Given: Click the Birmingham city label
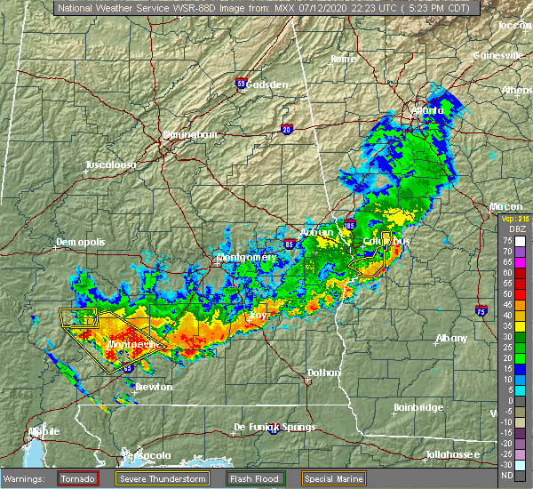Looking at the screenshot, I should click(189, 134).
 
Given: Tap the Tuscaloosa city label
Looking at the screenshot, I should click(110, 165).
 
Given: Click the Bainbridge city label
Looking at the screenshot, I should click(418, 407).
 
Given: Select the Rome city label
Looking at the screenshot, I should click(343, 59).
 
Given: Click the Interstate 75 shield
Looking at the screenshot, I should click(505, 311).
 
